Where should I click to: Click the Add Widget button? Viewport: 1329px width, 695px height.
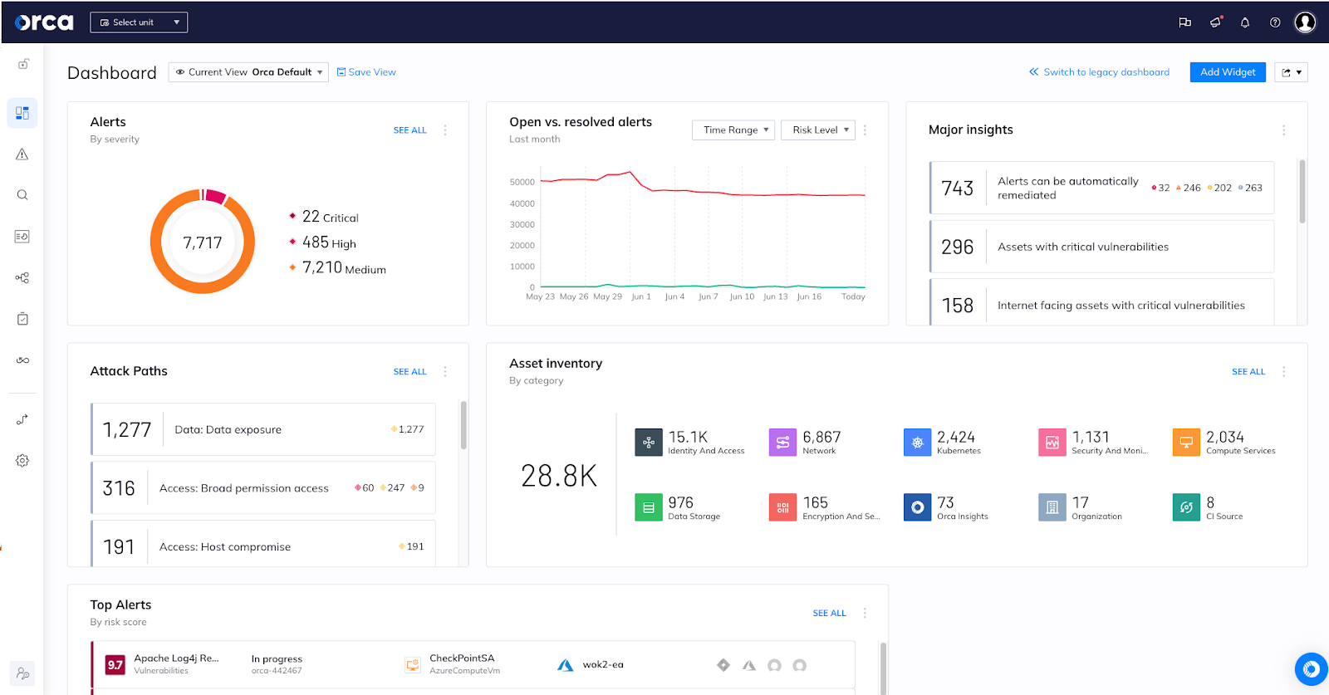(x=1227, y=72)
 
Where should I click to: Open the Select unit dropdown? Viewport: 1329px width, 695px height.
(x=139, y=22)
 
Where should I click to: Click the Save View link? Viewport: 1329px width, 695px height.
(x=366, y=72)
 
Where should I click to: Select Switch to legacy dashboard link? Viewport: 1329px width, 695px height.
(x=1099, y=72)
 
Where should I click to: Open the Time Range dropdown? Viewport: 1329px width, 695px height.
(x=733, y=130)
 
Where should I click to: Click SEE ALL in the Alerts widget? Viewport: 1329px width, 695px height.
(x=409, y=130)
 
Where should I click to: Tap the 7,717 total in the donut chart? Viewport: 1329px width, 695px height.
(x=203, y=242)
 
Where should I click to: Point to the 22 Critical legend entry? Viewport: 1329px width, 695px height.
(x=330, y=217)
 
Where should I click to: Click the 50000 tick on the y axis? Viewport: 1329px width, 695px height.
(x=522, y=182)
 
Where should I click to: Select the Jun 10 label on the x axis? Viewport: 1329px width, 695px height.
(x=742, y=296)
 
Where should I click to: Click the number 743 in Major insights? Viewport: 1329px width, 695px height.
(x=957, y=188)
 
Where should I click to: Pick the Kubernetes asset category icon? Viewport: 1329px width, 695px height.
(x=917, y=443)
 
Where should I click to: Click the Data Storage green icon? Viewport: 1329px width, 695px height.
(x=648, y=507)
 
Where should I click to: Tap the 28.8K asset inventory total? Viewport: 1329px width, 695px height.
(x=559, y=476)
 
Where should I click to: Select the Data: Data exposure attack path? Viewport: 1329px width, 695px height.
(x=228, y=429)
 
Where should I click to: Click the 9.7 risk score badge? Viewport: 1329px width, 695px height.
(x=115, y=664)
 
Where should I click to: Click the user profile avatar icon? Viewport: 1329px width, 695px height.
(x=1305, y=22)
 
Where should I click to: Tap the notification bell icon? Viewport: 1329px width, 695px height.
(x=1244, y=22)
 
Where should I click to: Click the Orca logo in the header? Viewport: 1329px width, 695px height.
(x=44, y=22)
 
